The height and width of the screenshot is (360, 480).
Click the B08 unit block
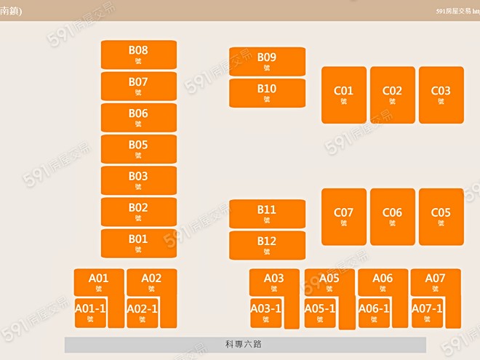click(138, 55)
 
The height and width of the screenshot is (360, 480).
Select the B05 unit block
click(138, 149)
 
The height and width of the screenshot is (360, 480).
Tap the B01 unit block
click(138, 243)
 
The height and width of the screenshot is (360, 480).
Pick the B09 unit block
click(267, 61)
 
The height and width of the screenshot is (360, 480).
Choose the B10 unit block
click(267, 93)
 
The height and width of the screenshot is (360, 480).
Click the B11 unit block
click(267, 214)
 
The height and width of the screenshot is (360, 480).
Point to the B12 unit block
click(267, 245)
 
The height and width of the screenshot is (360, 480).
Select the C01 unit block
click(343, 95)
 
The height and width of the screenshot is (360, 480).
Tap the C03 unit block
click(441, 95)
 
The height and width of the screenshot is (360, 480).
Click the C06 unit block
click(392, 217)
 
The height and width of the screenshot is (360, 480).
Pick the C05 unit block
click(441, 217)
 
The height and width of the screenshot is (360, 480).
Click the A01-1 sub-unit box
click(91, 313)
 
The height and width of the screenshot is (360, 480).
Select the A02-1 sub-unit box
click(143, 313)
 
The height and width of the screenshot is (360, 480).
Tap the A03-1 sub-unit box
click(266, 313)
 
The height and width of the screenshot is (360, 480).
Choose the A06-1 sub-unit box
click(374, 313)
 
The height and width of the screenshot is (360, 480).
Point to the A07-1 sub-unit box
click(427, 313)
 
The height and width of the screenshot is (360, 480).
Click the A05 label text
click(329, 278)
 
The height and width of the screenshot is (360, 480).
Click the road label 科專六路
click(244, 344)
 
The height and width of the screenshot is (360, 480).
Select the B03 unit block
click(138, 180)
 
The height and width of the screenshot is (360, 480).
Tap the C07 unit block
click(343, 217)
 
